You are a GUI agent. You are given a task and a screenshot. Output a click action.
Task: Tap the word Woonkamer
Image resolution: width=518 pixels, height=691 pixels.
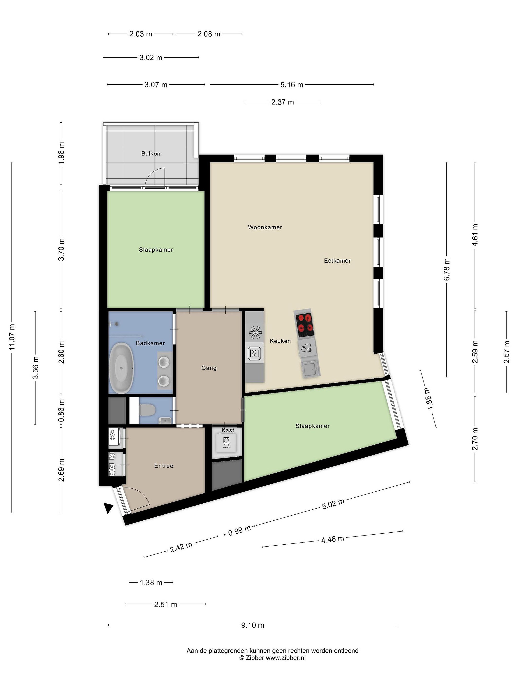(265, 227)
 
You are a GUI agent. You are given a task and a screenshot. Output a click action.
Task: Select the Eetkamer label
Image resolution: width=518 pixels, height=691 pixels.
(337, 261)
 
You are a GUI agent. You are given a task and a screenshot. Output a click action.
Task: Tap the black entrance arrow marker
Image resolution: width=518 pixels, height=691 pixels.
(108, 508)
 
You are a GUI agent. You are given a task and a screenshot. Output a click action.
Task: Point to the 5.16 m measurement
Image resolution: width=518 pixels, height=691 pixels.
(292, 85)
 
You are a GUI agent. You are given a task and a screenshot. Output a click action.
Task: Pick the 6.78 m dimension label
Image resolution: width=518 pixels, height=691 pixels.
(447, 269)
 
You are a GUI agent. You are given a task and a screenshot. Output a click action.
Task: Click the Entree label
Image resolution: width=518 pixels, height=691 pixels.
(164, 466)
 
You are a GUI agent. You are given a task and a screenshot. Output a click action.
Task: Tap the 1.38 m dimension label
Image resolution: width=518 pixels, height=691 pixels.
(151, 583)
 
